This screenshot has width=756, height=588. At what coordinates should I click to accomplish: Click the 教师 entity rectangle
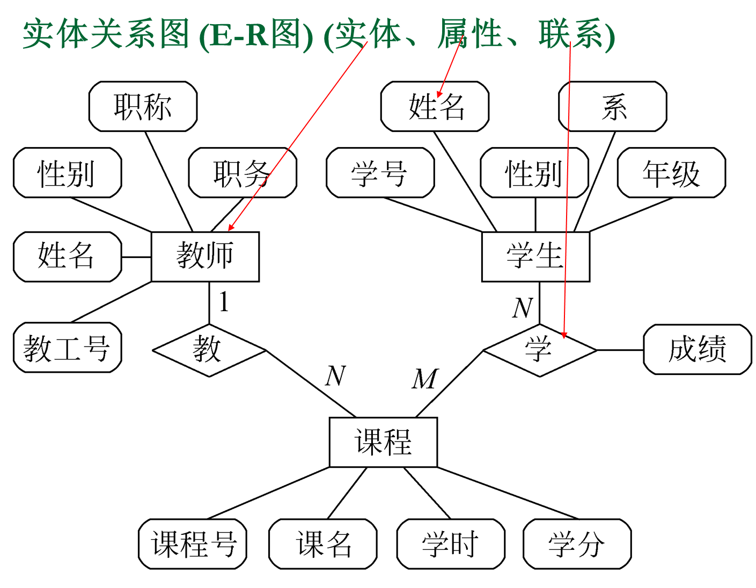tap(205, 256)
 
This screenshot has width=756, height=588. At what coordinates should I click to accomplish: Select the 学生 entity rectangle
tap(535, 256)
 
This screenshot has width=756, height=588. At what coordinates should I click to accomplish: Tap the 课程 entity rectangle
tap(383, 442)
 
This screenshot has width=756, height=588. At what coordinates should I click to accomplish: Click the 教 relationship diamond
tap(209, 350)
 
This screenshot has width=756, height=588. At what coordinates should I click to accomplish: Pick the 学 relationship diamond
tap(539, 350)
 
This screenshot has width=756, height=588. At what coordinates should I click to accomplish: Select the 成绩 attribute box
tap(697, 349)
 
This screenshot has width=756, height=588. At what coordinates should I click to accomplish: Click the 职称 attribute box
tap(143, 106)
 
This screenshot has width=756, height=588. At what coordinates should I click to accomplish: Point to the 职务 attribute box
tap(243, 173)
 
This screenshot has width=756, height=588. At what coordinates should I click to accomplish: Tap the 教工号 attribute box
tap(67, 348)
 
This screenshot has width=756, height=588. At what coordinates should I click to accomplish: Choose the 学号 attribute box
tap(380, 173)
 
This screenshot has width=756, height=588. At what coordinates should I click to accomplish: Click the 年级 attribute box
tap(671, 173)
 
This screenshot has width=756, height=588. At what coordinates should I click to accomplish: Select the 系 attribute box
tap(613, 106)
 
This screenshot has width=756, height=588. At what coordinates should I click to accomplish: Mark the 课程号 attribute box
tap(193, 544)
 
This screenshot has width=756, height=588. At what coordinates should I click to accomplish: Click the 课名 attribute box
tap(322, 544)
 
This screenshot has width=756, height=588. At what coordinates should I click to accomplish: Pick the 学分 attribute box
tap(577, 544)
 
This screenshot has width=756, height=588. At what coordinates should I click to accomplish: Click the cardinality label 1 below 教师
tap(224, 302)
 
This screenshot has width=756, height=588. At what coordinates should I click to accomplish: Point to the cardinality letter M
tap(424, 379)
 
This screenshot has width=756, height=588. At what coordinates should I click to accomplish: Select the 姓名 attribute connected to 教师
tap(67, 256)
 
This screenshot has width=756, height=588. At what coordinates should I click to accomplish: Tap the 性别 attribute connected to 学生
tap(534, 173)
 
